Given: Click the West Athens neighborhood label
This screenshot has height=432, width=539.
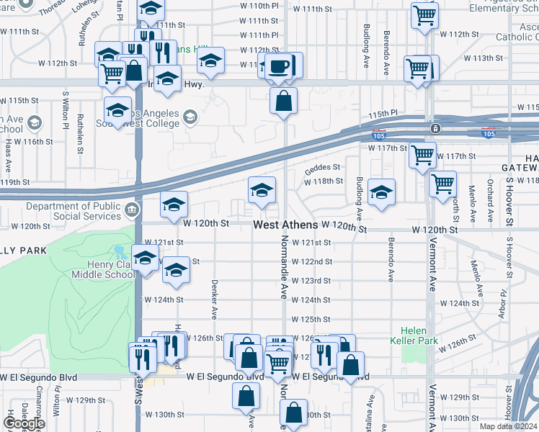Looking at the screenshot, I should pyautogui.click(x=285, y=225).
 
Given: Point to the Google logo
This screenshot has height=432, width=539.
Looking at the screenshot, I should pyautogui.click(x=24, y=423).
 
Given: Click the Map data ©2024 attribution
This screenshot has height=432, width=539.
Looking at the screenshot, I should pyautogui.click(x=507, y=426).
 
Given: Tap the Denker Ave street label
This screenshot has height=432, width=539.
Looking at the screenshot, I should pyautogui.click(x=214, y=299).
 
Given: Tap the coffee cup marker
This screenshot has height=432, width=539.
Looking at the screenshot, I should pyautogui.click(x=279, y=66).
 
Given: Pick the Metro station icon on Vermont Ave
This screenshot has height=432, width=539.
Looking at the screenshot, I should pyautogui.click(x=435, y=129).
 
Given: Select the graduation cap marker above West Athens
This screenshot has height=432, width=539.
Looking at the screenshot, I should pyautogui.click(x=262, y=190).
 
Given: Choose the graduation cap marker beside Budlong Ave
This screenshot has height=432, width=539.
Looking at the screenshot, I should pyautogui.click(x=381, y=192).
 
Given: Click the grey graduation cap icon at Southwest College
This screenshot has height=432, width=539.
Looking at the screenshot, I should pyautogui.click(x=190, y=117).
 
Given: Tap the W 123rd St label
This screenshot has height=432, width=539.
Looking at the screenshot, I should pyautogui.click(x=311, y=281).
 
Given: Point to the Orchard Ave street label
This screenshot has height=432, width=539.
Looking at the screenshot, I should pyautogui.click(x=490, y=194).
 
